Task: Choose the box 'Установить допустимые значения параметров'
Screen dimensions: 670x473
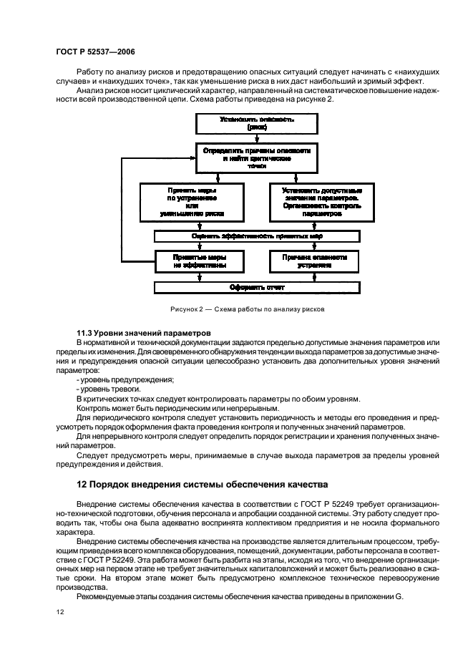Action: point(321,202)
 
